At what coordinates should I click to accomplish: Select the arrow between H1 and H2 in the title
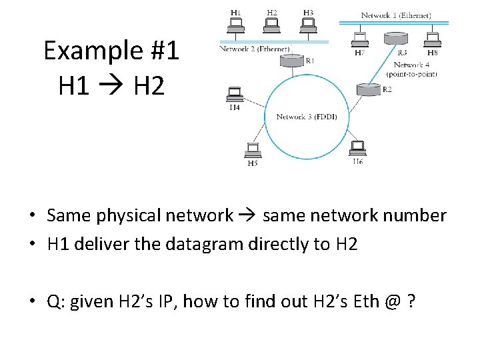111,86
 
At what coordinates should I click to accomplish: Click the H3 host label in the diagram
307,12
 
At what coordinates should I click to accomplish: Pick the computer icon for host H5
253,150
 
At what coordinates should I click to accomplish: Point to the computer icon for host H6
357,147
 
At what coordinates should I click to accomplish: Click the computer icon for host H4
234,94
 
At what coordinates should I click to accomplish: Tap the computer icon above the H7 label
360,39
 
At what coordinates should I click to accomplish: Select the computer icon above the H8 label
432,39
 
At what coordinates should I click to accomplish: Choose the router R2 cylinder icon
367,88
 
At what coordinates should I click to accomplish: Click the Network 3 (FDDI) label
307,117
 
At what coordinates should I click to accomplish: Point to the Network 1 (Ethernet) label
395,15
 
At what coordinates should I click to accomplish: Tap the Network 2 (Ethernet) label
254,49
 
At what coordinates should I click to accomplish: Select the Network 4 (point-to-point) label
415,69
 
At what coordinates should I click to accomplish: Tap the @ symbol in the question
393,302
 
